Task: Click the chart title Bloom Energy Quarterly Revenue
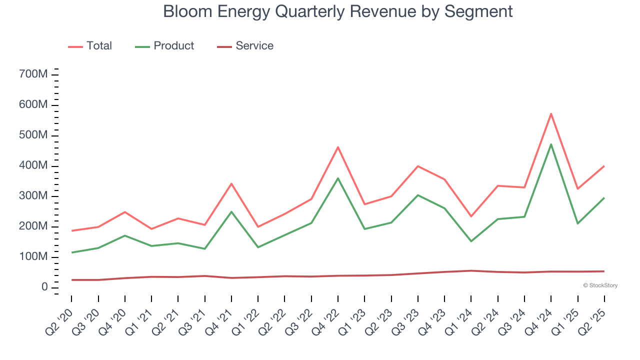pyautogui.click(x=338, y=11)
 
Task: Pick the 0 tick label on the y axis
pyautogui.click(x=44, y=287)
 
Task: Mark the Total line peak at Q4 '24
pyautogui.click(x=551, y=114)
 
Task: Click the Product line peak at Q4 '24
pyautogui.click(x=551, y=144)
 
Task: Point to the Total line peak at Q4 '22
pyautogui.click(x=338, y=147)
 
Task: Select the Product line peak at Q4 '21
pyautogui.click(x=231, y=211)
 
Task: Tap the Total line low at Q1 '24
pyautogui.click(x=471, y=216)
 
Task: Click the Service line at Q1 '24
pyautogui.click(x=471, y=270)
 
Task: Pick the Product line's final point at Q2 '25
pyautogui.click(x=604, y=198)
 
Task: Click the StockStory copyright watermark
pyautogui.click(x=600, y=285)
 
